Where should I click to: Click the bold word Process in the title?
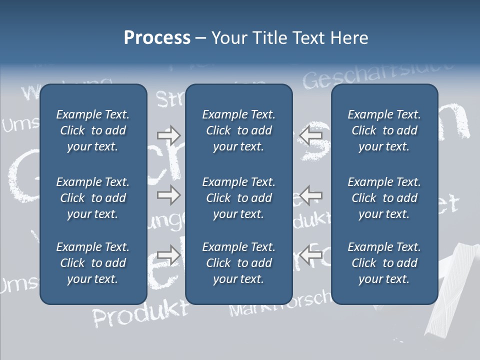pos(157,38)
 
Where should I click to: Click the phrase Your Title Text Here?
pos(289,38)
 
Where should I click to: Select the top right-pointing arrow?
pos(168,135)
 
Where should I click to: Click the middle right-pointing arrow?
pos(168,195)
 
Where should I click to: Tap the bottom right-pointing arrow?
pos(168,254)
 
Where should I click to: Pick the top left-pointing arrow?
pos(310,135)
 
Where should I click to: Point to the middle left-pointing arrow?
pos(310,195)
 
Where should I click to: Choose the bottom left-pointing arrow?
pos(310,254)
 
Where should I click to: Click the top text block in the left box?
pos(92,130)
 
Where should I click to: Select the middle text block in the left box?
pos(92,198)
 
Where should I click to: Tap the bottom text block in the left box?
pos(92,263)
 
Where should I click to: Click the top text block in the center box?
pos(238,130)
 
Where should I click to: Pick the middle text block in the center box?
pos(238,198)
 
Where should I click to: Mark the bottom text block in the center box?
pos(238,263)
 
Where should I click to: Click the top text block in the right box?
pos(384,130)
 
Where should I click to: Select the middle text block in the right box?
pos(384,198)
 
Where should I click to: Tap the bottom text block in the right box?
pos(384,263)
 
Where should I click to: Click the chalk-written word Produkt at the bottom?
pos(140,314)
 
